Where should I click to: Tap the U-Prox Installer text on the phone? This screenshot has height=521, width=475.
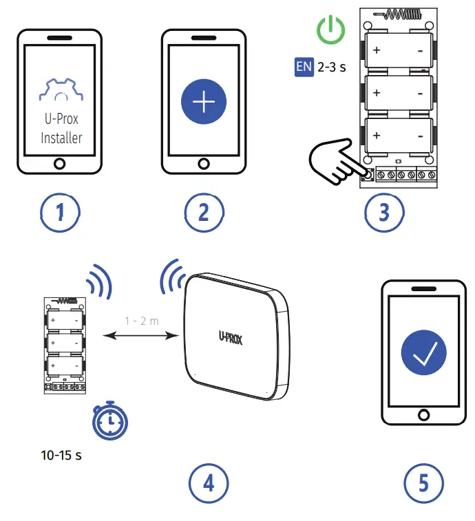[x=61, y=128]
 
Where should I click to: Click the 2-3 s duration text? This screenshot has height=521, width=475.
[x=331, y=68]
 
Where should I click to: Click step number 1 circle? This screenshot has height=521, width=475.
[x=60, y=212]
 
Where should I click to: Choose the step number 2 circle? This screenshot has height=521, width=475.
[x=204, y=212]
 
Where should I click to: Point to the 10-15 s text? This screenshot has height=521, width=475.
[x=61, y=456]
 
